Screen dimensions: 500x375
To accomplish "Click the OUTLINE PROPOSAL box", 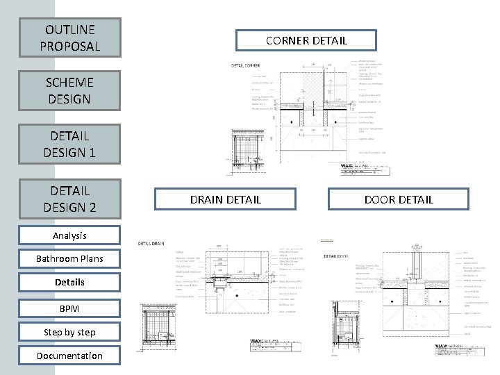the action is (69, 38).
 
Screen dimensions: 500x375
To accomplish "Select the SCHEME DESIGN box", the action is (69, 90).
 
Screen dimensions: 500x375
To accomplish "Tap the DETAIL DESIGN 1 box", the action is (69, 143).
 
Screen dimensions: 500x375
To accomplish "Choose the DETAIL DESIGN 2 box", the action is (69, 198).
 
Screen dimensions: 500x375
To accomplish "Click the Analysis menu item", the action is (69, 235).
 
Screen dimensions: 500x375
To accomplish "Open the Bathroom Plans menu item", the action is (69, 258).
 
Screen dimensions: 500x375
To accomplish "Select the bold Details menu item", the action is (69, 282).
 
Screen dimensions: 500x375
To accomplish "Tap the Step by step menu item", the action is (69, 332).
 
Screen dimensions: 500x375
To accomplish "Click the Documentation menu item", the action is (69, 356).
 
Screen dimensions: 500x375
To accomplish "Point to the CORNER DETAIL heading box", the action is (306, 40).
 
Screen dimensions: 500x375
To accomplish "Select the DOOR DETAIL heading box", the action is (399, 199).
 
